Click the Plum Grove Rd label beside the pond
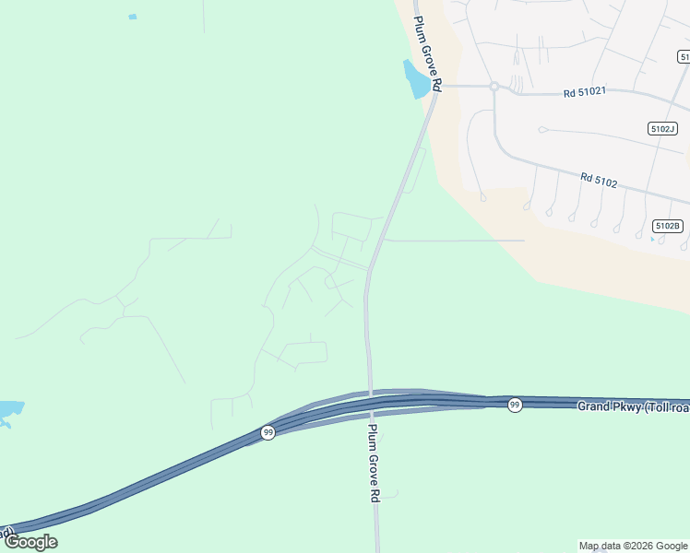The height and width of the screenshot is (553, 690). tap(428, 53)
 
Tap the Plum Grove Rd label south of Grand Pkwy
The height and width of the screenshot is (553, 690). tap(375, 463)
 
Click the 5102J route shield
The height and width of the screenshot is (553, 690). tap(662, 129)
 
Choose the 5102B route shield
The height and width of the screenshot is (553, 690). tap(667, 226)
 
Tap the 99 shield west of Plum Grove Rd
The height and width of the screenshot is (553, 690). tap(268, 432)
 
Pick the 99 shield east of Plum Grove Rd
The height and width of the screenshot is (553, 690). tap(515, 405)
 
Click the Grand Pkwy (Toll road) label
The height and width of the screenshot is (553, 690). tap(633, 406)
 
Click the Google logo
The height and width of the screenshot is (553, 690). tap(30, 542)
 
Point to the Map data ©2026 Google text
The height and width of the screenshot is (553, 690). tap(633, 546)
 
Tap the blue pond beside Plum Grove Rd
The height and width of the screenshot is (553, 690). tap(416, 79)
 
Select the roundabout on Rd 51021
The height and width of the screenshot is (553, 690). tap(494, 87)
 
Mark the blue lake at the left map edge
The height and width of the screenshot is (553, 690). tap(10, 412)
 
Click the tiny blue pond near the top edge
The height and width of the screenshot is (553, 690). tap(133, 17)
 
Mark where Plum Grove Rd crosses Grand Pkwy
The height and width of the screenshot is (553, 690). tap(370, 402)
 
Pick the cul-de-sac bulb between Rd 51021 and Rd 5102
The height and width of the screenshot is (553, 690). tap(542, 129)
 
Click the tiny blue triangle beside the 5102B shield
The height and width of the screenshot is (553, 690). tap(652, 240)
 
